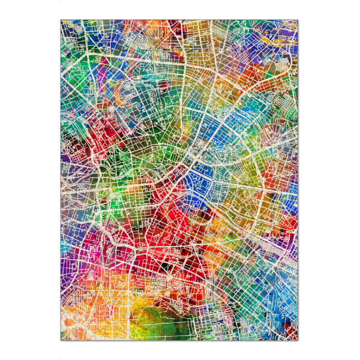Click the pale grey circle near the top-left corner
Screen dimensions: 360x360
(77, 28)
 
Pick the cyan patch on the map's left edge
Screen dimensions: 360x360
(65, 247)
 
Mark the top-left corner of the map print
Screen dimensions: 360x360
(61, 20)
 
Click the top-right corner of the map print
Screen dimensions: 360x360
(298, 20)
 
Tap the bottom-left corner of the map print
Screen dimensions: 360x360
(61, 340)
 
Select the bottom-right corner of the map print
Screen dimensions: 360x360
(298, 340)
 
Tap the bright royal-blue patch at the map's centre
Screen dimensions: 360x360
(198, 180)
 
